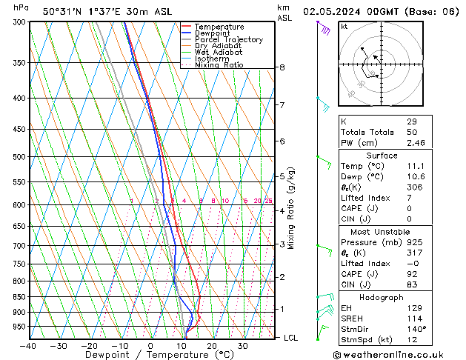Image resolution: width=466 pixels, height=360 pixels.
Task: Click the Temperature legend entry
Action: point(219,27)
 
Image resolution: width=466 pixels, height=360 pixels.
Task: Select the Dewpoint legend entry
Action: point(213,33)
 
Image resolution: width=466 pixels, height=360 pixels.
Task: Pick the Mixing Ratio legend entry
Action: point(219,65)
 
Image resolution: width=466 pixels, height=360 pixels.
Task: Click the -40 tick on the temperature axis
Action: point(28,346)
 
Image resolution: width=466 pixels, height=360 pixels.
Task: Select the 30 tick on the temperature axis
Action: point(242,346)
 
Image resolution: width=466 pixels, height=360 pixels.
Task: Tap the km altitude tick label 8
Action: point(282,67)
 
